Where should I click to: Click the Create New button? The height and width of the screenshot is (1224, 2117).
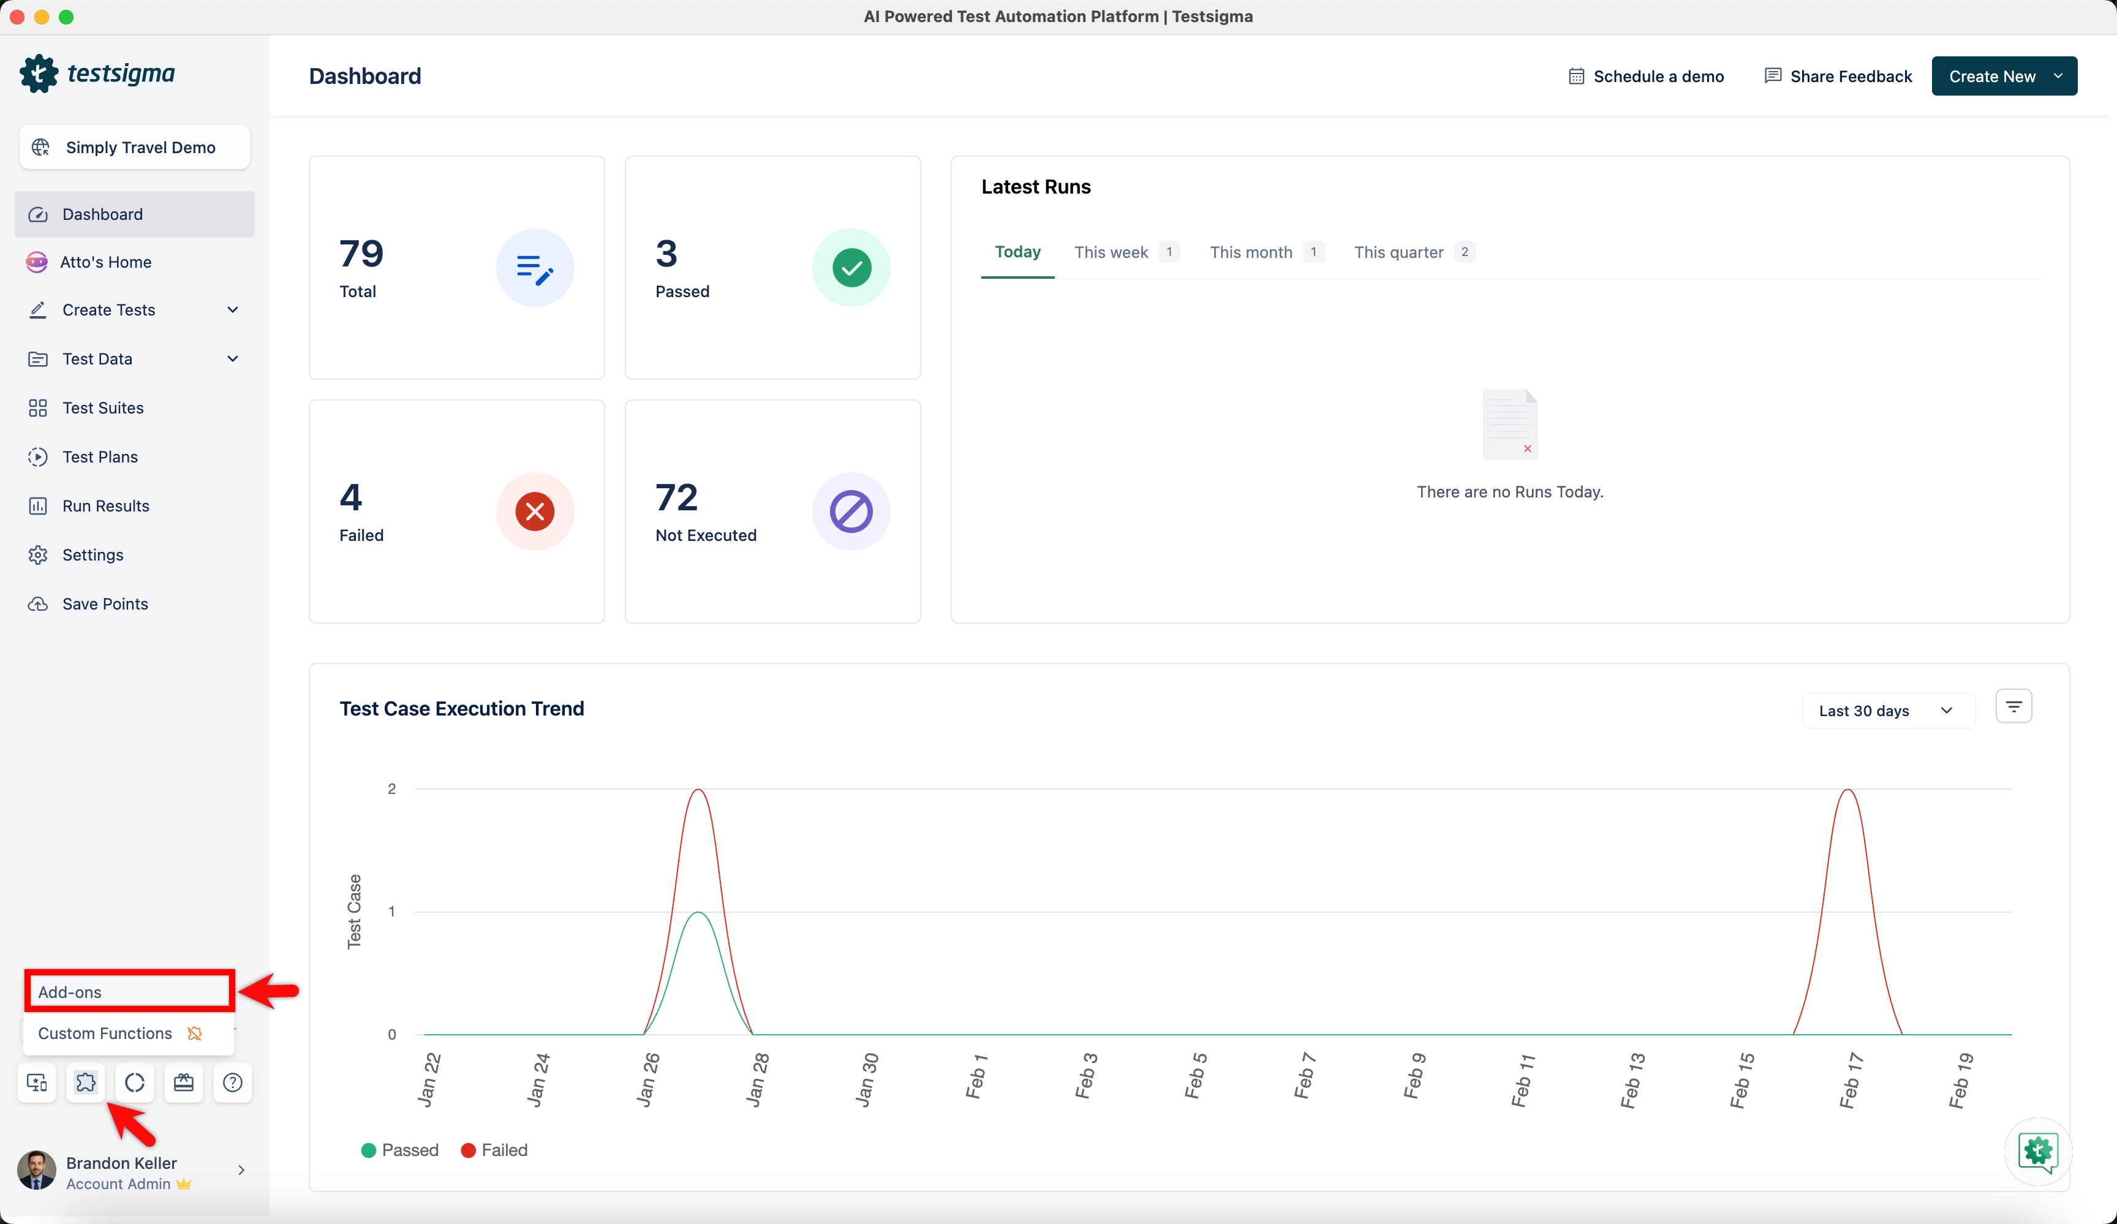point(2004,77)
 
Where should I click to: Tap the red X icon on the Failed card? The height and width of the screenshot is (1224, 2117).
point(534,512)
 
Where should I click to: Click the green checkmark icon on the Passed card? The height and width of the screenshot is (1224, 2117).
point(851,268)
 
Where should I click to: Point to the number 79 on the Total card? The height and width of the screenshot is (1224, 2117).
point(361,254)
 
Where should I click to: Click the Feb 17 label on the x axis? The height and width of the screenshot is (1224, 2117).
point(1851,1081)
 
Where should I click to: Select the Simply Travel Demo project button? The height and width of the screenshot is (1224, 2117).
point(134,148)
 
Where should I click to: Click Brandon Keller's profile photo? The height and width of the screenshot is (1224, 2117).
point(37,1170)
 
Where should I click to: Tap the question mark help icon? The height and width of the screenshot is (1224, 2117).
point(233,1083)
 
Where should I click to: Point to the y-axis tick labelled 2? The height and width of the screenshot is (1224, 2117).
point(391,789)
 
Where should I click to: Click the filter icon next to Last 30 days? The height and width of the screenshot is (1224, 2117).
point(2013,706)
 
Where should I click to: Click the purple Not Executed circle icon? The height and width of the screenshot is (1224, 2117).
point(851,512)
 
